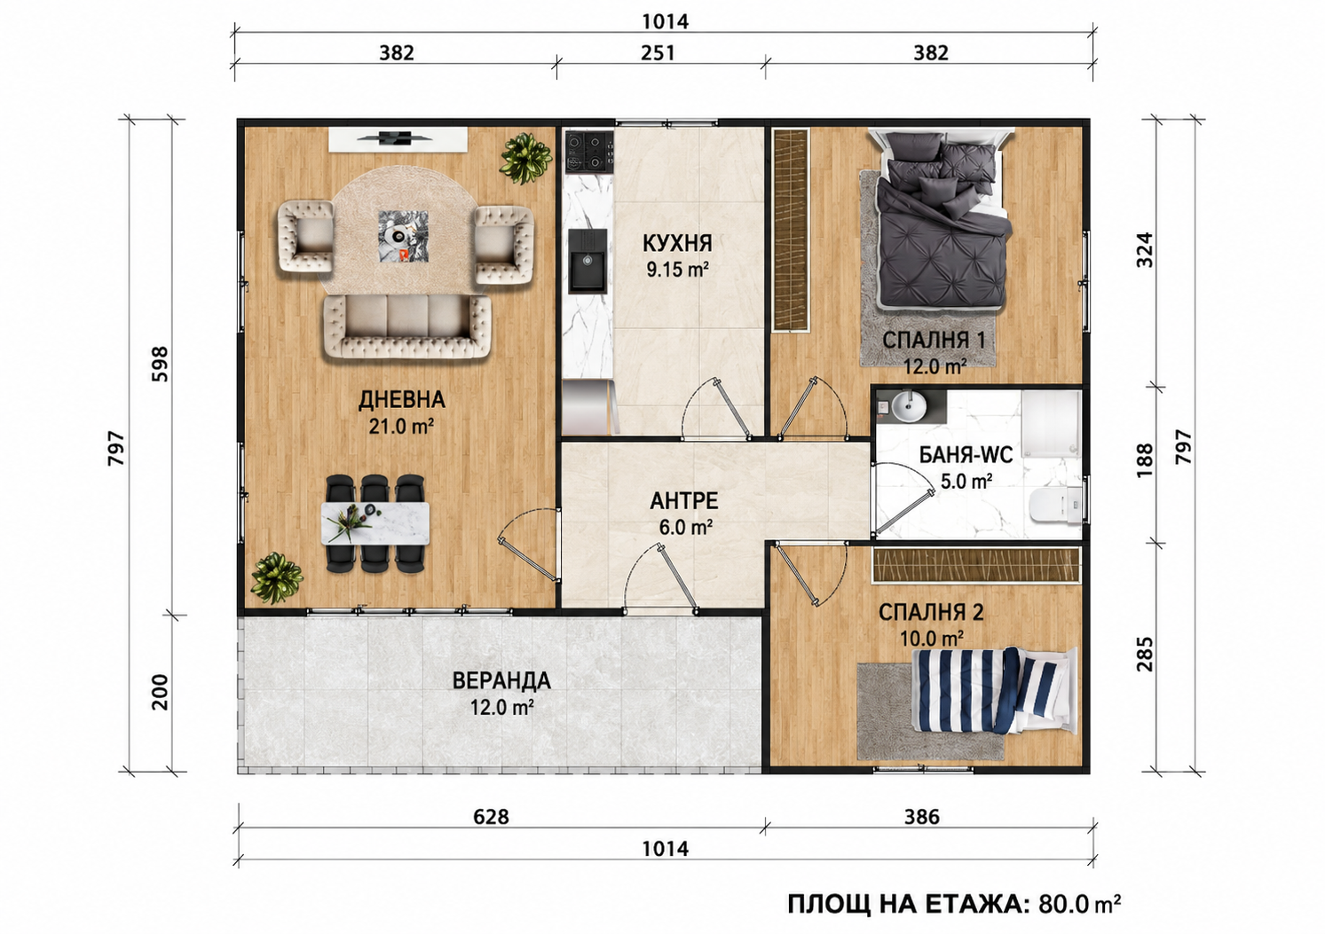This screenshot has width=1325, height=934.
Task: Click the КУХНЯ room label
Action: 677,243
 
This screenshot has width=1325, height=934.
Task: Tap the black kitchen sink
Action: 588,261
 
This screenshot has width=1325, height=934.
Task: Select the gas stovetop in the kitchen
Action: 589,152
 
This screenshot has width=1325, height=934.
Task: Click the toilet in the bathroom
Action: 1056,506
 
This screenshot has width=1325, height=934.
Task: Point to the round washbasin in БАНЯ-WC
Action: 909,406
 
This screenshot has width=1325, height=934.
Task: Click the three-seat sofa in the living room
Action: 407,327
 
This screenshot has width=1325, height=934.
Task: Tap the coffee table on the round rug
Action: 404,235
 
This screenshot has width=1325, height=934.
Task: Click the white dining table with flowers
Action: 375,523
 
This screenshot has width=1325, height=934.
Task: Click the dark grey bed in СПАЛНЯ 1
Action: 941,222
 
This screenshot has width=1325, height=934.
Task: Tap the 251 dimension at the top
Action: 658,53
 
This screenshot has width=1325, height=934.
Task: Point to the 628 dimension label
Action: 491,817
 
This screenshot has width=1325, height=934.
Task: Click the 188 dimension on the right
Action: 1145,460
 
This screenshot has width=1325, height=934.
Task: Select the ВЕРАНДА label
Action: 501,681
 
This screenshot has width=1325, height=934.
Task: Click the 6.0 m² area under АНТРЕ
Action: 685,527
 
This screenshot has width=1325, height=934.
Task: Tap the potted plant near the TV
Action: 526,158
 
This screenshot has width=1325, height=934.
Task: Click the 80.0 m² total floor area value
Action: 1079,905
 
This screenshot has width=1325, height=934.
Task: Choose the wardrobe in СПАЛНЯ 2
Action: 976,565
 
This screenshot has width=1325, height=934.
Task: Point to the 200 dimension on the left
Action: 161,692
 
